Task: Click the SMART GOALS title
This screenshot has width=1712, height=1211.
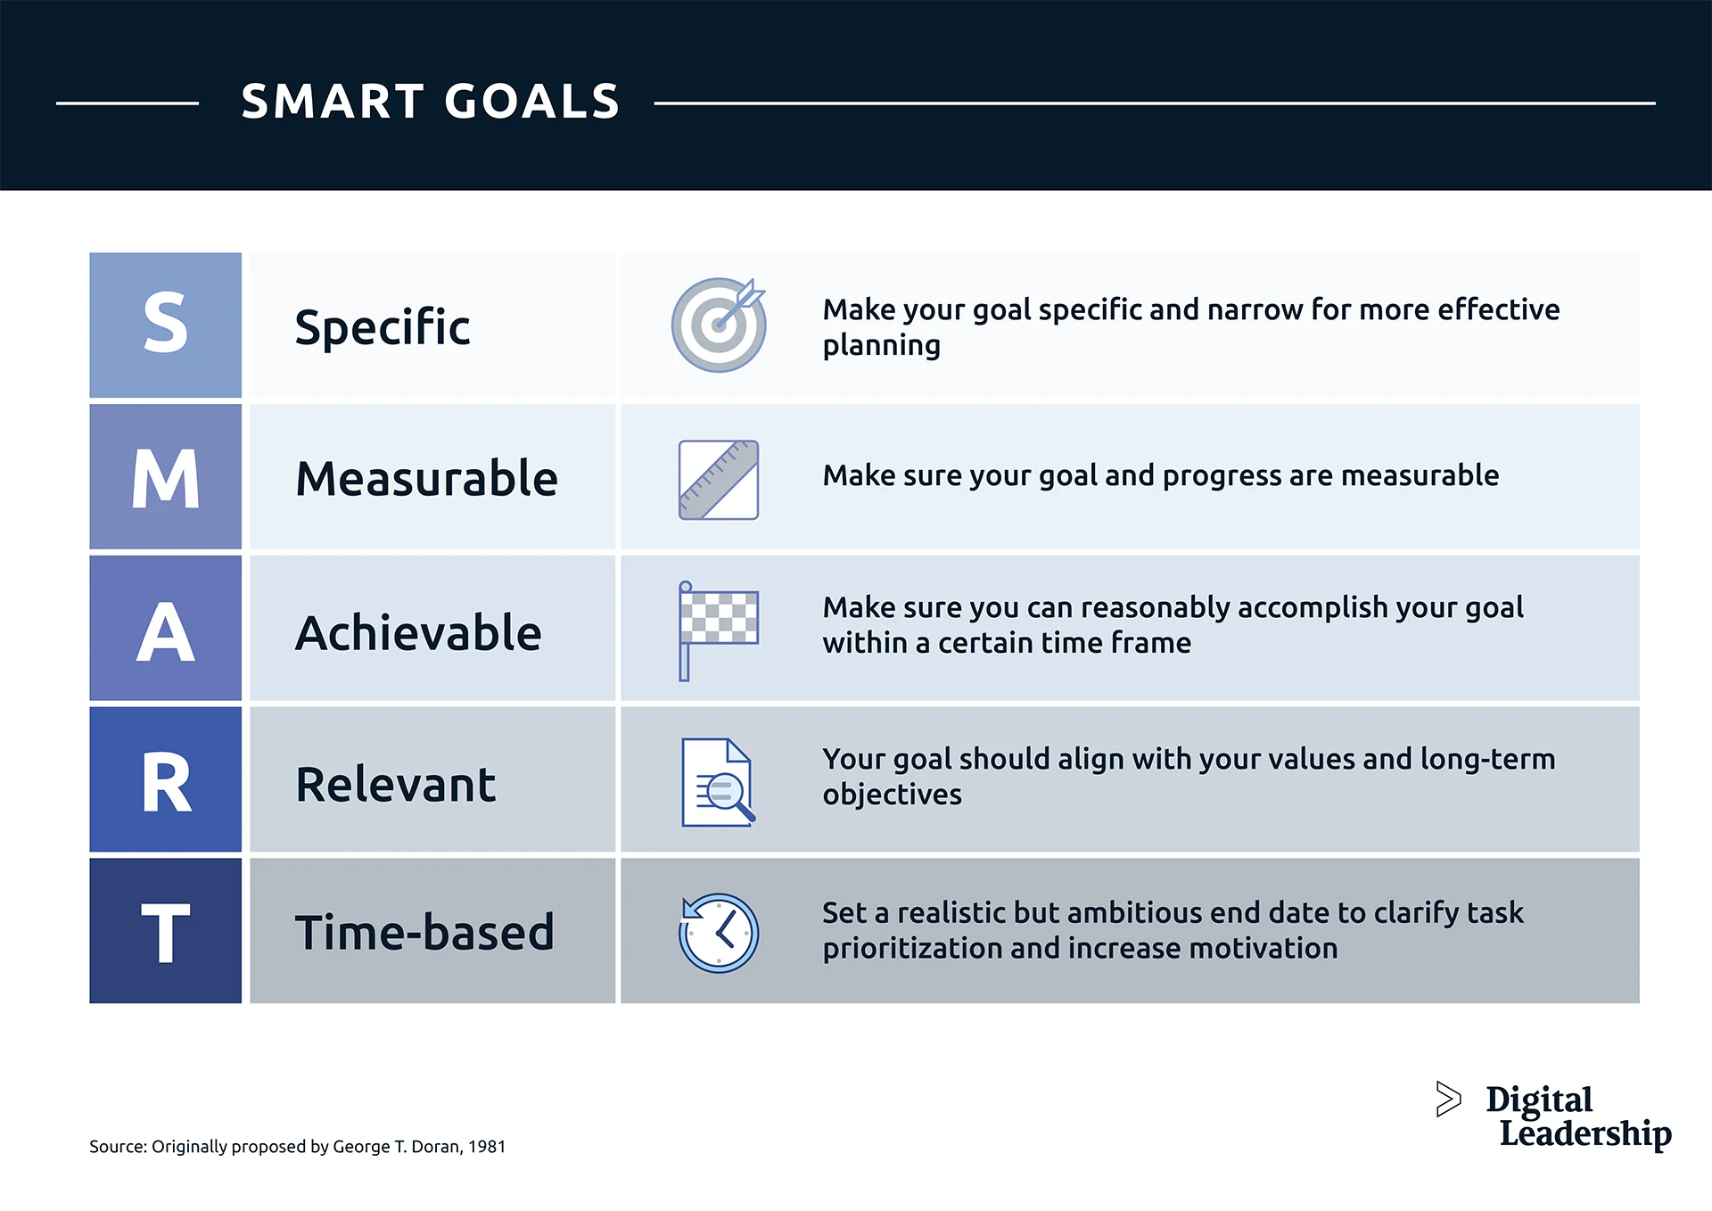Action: click(430, 102)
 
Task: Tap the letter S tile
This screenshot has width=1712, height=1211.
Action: click(166, 325)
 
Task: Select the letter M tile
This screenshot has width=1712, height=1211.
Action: click(166, 477)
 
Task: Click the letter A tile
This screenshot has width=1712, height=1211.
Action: click(166, 629)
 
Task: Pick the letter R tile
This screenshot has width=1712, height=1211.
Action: click(166, 780)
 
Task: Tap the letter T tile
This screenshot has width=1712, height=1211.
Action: click(166, 932)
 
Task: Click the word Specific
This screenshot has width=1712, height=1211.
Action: click(383, 327)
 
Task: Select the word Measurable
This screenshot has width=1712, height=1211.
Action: click(426, 479)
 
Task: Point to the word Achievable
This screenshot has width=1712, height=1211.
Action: click(418, 633)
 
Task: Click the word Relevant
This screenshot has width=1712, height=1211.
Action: click(395, 785)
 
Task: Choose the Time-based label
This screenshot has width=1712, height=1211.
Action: click(424, 933)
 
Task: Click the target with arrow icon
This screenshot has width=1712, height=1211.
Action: click(719, 325)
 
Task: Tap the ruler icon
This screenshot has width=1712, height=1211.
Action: click(719, 480)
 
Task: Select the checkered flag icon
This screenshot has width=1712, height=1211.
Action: click(718, 630)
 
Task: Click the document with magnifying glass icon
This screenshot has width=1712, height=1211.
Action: click(717, 782)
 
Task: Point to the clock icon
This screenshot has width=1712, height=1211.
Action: click(719, 933)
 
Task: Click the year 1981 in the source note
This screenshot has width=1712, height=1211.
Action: click(487, 1147)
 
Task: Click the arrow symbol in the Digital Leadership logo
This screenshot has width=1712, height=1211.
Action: click(1448, 1099)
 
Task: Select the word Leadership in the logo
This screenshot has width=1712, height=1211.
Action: click(1584, 1133)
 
